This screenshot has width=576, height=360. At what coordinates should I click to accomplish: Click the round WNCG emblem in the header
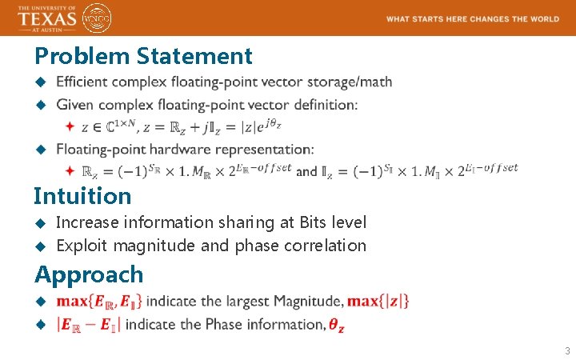(98, 18)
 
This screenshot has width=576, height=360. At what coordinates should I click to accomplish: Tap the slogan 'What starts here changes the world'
(472, 18)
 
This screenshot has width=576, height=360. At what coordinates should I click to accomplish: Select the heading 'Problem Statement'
(143, 56)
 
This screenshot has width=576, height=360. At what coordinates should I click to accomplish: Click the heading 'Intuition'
(82, 196)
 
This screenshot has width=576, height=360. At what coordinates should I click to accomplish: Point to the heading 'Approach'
(89, 274)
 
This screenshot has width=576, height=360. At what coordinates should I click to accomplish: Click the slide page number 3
(566, 351)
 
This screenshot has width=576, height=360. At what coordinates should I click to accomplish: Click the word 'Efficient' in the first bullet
(82, 82)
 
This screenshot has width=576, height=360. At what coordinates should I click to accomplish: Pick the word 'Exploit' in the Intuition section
(82, 246)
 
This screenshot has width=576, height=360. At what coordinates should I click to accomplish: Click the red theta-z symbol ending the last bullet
(338, 325)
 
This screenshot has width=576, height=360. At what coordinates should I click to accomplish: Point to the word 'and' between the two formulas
(306, 170)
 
